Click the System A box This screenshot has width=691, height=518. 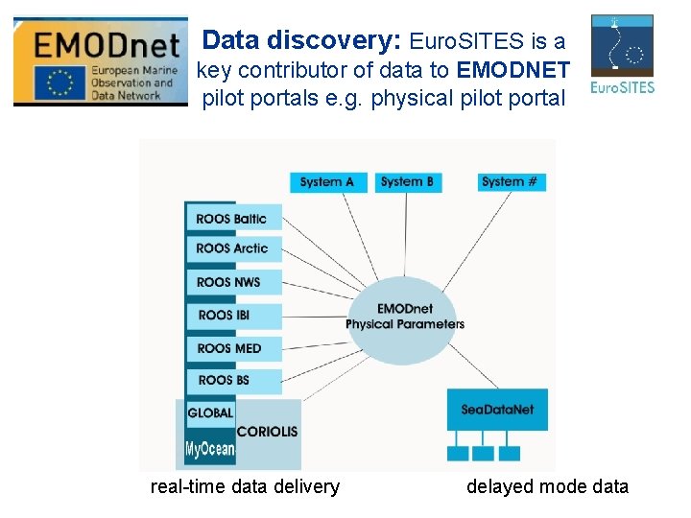coord(327,181)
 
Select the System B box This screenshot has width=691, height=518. coord(407,181)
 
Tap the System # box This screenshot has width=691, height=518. coord(511,181)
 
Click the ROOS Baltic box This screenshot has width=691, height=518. coord(233,218)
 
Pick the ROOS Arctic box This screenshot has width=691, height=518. coord(233,248)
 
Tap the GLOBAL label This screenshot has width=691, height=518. coord(210,413)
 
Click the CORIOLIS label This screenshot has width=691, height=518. coord(267,432)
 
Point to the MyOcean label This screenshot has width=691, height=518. coord(209,449)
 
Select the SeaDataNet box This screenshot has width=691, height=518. coord(497,410)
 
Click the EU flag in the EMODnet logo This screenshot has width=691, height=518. coord(61,82)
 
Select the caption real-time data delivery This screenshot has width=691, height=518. coord(245,486)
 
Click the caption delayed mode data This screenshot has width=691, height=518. coord(547,486)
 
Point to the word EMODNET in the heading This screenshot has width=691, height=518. coord(513,70)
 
